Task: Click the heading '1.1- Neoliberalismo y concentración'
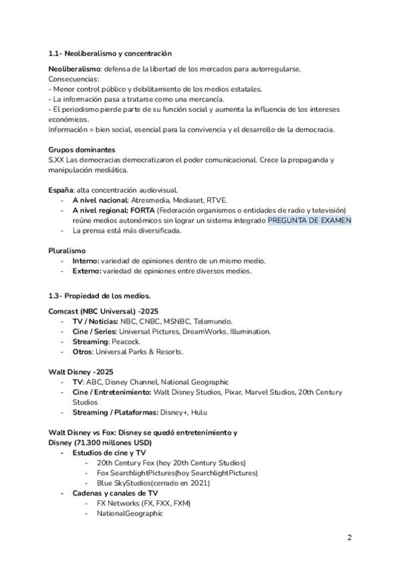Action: pyautogui.click(x=110, y=53)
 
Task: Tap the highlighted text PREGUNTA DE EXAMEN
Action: pyautogui.click(x=309, y=220)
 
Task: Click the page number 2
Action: pyautogui.click(x=349, y=538)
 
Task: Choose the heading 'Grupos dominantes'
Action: pyautogui.click(x=82, y=150)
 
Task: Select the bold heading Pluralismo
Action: pyautogui.click(x=67, y=250)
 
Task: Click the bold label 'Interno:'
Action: pyautogui.click(x=86, y=261)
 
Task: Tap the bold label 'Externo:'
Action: pyautogui.click(x=87, y=271)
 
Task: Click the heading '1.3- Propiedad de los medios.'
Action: pyautogui.click(x=100, y=296)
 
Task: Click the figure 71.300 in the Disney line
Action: pyautogui.click(x=91, y=443)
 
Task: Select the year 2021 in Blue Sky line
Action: pyautogui.click(x=199, y=483)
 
